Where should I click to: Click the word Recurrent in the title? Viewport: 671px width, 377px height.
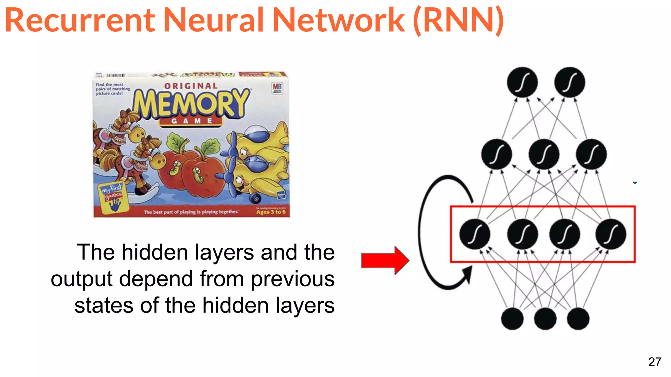click(x=80, y=20)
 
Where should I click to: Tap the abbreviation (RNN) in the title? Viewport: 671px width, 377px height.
click(x=459, y=20)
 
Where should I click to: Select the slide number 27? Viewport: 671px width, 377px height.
click(x=655, y=362)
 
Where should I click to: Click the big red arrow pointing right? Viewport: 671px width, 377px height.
click(x=385, y=260)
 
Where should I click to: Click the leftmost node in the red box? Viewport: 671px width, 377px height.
click(x=475, y=234)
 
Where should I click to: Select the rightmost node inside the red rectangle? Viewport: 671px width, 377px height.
click(x=611, y=234)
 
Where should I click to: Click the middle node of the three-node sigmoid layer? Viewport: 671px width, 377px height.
click(x=544, y=154)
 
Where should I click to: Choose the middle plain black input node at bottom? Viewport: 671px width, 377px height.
click(x=545, y=319)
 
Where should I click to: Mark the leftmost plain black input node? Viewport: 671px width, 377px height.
click(x=512, y=319)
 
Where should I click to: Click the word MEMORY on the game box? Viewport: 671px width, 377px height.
click(x=192, y=103)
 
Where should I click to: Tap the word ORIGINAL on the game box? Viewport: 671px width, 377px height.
click(x=191, y=86)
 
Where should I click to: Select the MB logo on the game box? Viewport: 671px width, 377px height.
click(x=277, y=87)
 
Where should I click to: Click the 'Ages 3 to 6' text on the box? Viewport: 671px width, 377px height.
click(x=271, y=212)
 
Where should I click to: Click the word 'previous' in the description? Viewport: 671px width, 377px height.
click(x=293, y=279)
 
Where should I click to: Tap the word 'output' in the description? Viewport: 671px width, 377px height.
click(x=82, y=279)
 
